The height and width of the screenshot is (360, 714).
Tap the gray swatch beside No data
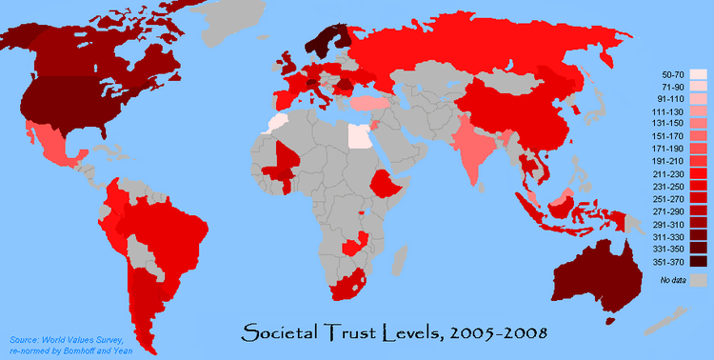coord(700,280)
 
